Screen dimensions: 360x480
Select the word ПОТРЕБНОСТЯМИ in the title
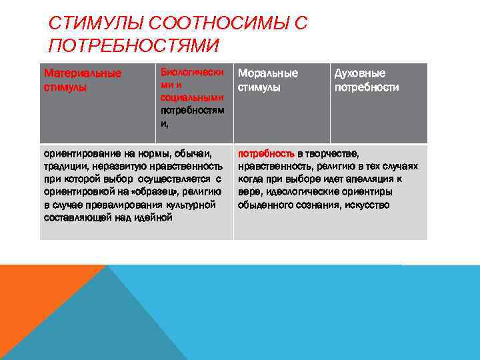(133, 46)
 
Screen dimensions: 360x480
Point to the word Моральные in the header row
(268, 73)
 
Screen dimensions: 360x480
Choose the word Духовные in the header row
(359, 73)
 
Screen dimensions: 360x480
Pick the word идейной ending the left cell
(153, 217)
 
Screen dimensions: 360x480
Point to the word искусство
(367, 205)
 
